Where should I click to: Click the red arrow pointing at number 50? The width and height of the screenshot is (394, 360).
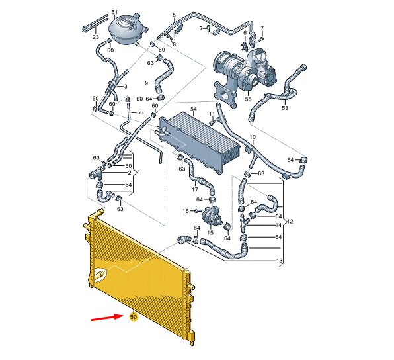click(106, 317)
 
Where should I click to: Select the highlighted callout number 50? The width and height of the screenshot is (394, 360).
click(134, 317)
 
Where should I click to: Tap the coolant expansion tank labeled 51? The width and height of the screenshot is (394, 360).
click(126, 29)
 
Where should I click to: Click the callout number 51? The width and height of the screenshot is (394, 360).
click(114, 12)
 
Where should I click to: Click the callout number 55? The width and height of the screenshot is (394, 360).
click(249, 99)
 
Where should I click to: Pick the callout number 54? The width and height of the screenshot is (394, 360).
click(194, 109)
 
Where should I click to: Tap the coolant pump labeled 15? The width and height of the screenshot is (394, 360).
click(212, 216)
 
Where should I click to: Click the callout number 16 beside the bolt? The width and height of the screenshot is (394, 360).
click(186, 211)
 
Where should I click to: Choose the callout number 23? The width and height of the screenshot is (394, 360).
click(96, 37)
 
